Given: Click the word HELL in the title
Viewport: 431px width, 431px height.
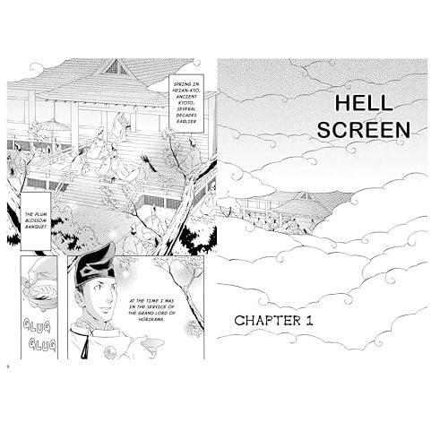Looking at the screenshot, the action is (364, 103).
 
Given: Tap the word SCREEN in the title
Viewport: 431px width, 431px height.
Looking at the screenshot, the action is (364, 130).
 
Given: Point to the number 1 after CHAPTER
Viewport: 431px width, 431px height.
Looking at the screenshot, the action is (309, 321).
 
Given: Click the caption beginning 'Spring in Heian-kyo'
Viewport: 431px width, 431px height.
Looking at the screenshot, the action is (186, 103).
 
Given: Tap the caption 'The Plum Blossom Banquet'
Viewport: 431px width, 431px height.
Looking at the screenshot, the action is (36, 220).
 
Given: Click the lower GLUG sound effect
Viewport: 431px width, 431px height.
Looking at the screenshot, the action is (42, 344).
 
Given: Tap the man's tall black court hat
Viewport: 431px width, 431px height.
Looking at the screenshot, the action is (95, 263).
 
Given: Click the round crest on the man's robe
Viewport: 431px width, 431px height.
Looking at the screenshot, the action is (110, 352).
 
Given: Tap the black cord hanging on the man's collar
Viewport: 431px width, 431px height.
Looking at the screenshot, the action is (86, 343).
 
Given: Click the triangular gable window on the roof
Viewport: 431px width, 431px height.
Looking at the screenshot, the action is (116, 68).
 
